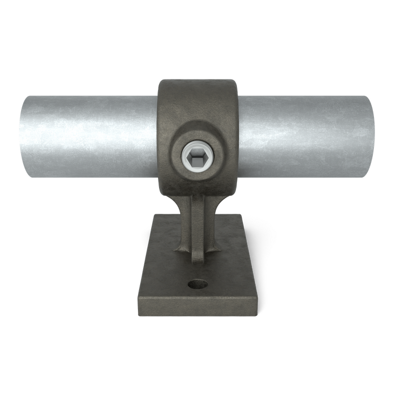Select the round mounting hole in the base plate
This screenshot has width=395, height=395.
tap(198, 284)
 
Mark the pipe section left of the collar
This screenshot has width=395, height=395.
tap(90, 136)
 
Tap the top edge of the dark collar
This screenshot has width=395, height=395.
tap(197, 81)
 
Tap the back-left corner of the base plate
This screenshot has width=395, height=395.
tap(153, 214)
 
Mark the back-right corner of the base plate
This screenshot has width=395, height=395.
tap(242, 214)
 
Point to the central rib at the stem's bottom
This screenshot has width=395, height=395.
tap(197, 258)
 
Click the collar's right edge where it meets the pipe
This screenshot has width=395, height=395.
tap(238, 137)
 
